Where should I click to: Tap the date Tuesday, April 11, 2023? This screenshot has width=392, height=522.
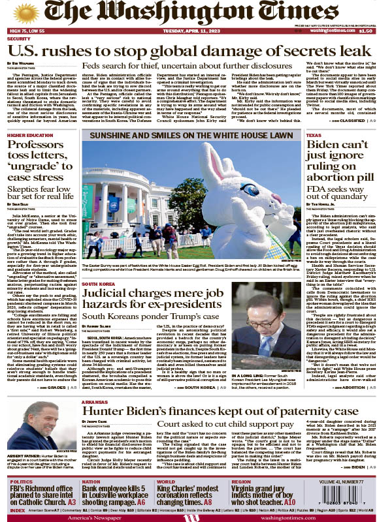pos(195,31)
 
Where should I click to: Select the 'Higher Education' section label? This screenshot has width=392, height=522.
pos(29,134)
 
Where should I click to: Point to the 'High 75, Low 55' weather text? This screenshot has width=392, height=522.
pos(27,31)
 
